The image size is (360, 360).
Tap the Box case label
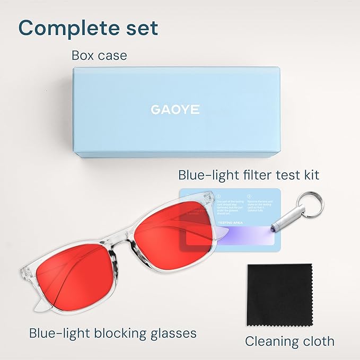[99, 55]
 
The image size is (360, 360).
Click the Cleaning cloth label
[289, 340]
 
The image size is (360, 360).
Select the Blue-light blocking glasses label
[113, 333]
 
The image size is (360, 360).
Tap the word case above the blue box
[114, 56]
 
